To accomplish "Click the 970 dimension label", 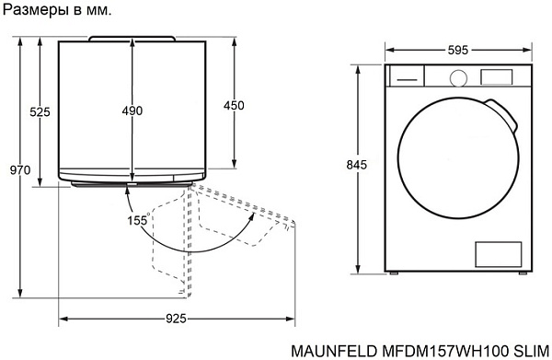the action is [20, 170].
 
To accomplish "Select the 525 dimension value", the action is [40, 112].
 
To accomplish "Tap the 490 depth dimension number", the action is [132, 110].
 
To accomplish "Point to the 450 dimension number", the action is [234, 105].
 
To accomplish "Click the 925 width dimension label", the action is [176, 319].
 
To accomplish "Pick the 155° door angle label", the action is [138, 220].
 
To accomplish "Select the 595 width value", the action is [458, 51].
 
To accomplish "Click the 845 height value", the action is [357, 165].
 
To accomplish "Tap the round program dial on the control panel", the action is [458, 78].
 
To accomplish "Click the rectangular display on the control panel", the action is [497, 76].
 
